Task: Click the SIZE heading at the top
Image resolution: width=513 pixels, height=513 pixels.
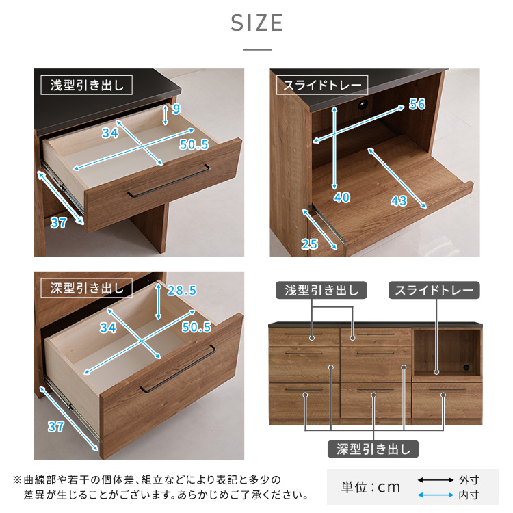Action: click(x=256, y=23)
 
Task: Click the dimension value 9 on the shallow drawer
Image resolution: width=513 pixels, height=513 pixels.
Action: click(x=176, y=109)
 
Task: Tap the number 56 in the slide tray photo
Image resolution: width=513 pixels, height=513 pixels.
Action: click(x=417, y=105)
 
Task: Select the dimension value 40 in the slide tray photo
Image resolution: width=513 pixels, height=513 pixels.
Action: click(x=342, y=197)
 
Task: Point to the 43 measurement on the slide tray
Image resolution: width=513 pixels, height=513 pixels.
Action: click(x=399, y=200)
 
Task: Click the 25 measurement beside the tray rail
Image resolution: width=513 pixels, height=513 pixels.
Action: click(x=309, y=244)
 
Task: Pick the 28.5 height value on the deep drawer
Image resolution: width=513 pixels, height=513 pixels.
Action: click(x=182, y=290)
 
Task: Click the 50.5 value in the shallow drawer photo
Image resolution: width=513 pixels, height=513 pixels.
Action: click(x=194, y=144)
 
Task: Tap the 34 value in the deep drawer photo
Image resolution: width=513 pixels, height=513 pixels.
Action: click(x=108, y=328)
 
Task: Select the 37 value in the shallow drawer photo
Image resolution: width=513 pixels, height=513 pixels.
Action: click(x=59, y=223)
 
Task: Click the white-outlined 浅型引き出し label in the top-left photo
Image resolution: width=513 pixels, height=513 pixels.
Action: click(x=87, y=85)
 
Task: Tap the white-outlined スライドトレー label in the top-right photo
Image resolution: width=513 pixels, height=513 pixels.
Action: click(x=322, y=85)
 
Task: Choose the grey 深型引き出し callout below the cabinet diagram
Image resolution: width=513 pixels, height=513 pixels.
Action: click(x=373, y=449)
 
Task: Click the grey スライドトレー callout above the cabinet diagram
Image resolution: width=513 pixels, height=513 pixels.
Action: click(x=434, y=290)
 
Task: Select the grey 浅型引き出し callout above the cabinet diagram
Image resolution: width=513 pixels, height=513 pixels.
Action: click(x=321, y=290)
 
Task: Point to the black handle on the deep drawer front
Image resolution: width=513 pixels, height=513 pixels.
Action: click(x=179, y=369)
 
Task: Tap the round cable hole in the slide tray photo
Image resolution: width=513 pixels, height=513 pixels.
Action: click(x=363, y=105)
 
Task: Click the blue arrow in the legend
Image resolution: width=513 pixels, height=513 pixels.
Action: click(x=436, y=495)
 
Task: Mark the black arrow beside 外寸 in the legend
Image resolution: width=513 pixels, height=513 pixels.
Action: click(x=436, y=480)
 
